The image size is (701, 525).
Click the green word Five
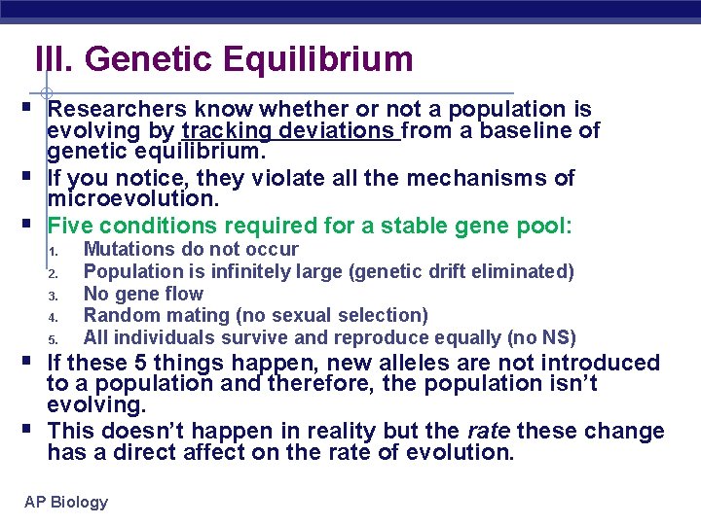click(71, 226)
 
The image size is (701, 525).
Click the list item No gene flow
click(143, 294)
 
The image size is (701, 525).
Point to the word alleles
click(417, 363)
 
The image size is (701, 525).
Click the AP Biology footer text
click(66, 502)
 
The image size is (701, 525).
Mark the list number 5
click(56, 339)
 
